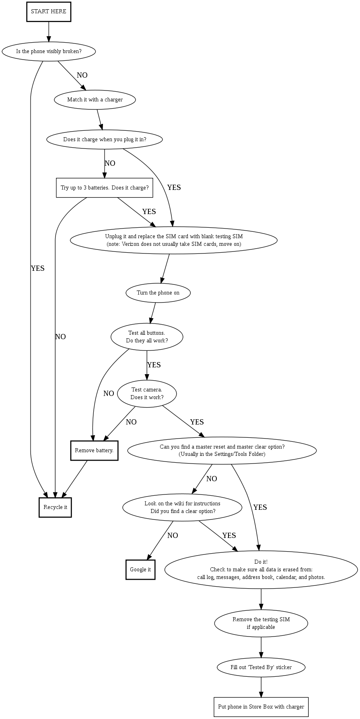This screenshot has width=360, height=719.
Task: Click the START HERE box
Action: click(49, 12)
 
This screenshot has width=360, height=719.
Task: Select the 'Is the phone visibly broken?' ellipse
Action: click(49, 52)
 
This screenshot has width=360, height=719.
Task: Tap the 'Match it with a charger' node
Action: click(95, 100)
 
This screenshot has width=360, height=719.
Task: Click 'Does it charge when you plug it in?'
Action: click(105, 140)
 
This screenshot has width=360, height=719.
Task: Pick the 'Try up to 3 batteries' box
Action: click(105, 188)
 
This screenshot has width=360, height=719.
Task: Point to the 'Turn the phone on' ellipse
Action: click(158, 293)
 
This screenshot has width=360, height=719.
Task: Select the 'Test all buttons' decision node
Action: click(147, 337)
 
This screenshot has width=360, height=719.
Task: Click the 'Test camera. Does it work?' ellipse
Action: click(147, 393)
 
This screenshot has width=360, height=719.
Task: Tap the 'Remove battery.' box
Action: click(94, 451)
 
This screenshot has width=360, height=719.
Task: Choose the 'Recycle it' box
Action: click(55, 507)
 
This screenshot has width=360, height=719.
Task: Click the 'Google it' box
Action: click(140, 570)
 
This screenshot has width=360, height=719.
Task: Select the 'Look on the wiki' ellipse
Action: click(182, 507)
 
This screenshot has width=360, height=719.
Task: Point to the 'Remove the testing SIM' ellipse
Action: click(261, 623)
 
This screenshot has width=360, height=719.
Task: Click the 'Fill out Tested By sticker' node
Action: click(261, 667)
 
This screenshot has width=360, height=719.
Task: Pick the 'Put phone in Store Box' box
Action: click(261, 707)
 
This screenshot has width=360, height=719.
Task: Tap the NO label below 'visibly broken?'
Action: click(82, 75)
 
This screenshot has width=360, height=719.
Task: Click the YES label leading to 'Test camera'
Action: click(154, 365)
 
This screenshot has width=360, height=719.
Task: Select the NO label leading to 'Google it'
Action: click(173, 536)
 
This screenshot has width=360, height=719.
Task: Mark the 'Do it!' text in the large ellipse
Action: click(261, 562)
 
